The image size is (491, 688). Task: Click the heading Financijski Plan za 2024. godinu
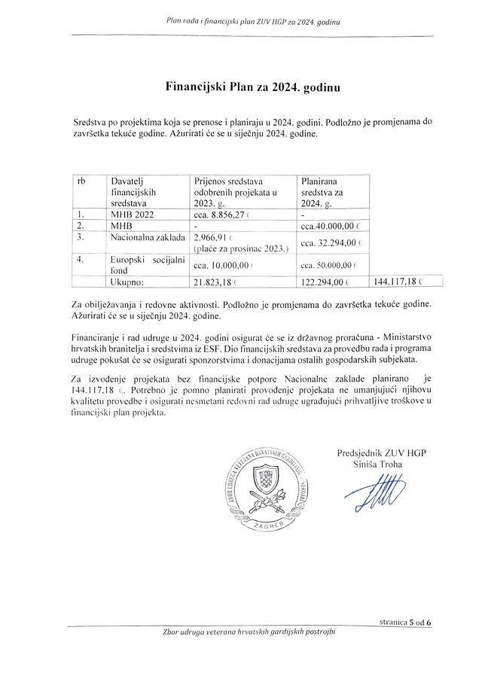(x=252, y=87)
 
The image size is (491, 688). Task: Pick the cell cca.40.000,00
(x=331, y=225)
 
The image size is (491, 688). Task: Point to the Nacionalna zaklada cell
(x=147, y=237)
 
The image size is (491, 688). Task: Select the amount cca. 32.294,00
(x=331, y=242)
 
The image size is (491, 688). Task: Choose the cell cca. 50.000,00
(x=331, y=265)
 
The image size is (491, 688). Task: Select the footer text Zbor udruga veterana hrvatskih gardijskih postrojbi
(x=249, y=632)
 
